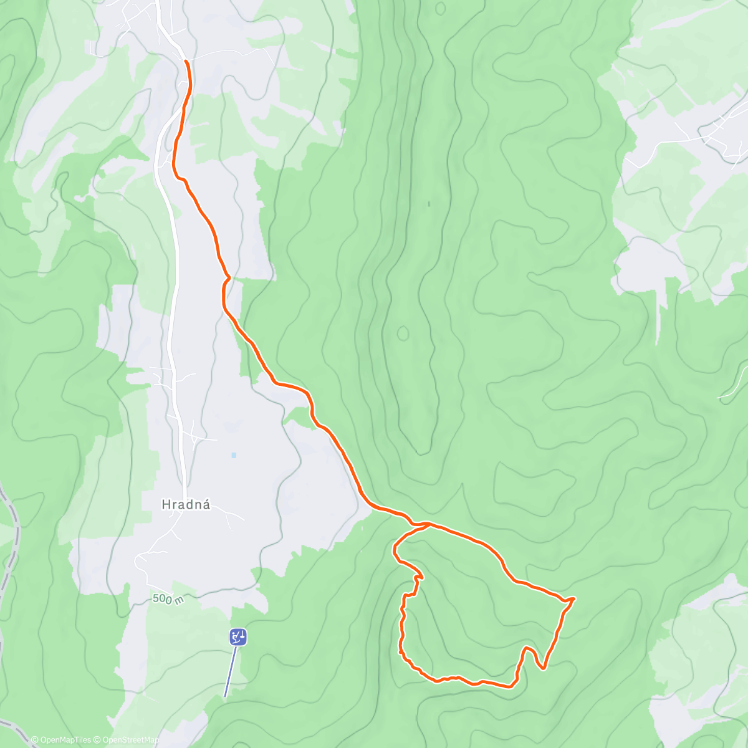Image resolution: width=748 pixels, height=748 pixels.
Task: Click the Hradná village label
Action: [x=186, y=504]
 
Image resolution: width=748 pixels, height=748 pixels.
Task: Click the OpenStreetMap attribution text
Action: [x=130, y=740]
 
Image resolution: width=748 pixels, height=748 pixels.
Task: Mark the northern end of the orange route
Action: [x=186, y=60]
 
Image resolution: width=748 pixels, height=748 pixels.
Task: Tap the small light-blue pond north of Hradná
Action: [x=234, y=455]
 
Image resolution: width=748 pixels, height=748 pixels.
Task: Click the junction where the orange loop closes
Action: [x=428, y=525]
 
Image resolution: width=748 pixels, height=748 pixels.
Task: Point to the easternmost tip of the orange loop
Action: [x=573, y=598]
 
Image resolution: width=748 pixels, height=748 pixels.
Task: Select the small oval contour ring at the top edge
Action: [x=441, y=8]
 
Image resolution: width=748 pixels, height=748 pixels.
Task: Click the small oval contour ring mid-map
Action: [x=403, y=333]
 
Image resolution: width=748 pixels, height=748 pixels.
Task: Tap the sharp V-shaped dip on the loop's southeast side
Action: [x=543, y=669]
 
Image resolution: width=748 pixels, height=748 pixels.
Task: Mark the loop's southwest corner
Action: [x=401, y=652]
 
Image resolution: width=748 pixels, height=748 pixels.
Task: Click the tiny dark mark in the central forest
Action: [x=429, y=203]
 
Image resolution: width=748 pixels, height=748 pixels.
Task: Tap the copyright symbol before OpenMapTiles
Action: [x=34, y=740]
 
